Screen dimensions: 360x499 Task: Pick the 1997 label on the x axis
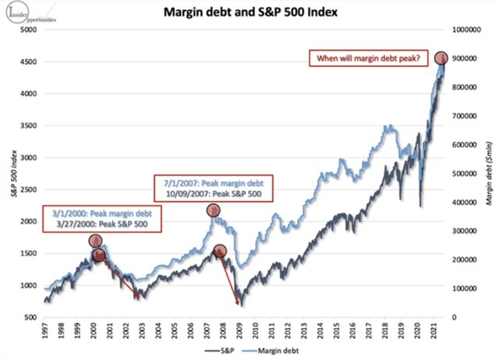coord(46,330)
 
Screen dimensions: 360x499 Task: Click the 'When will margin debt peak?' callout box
coord(367,58)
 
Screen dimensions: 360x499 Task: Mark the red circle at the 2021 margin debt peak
coord(441,58)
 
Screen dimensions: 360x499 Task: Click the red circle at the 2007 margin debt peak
coord(213,210)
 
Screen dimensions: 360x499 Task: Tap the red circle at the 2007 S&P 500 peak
coord(220,251)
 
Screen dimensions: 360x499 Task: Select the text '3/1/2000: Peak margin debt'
coord(91,213)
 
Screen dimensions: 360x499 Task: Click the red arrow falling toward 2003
coord(120,277)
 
